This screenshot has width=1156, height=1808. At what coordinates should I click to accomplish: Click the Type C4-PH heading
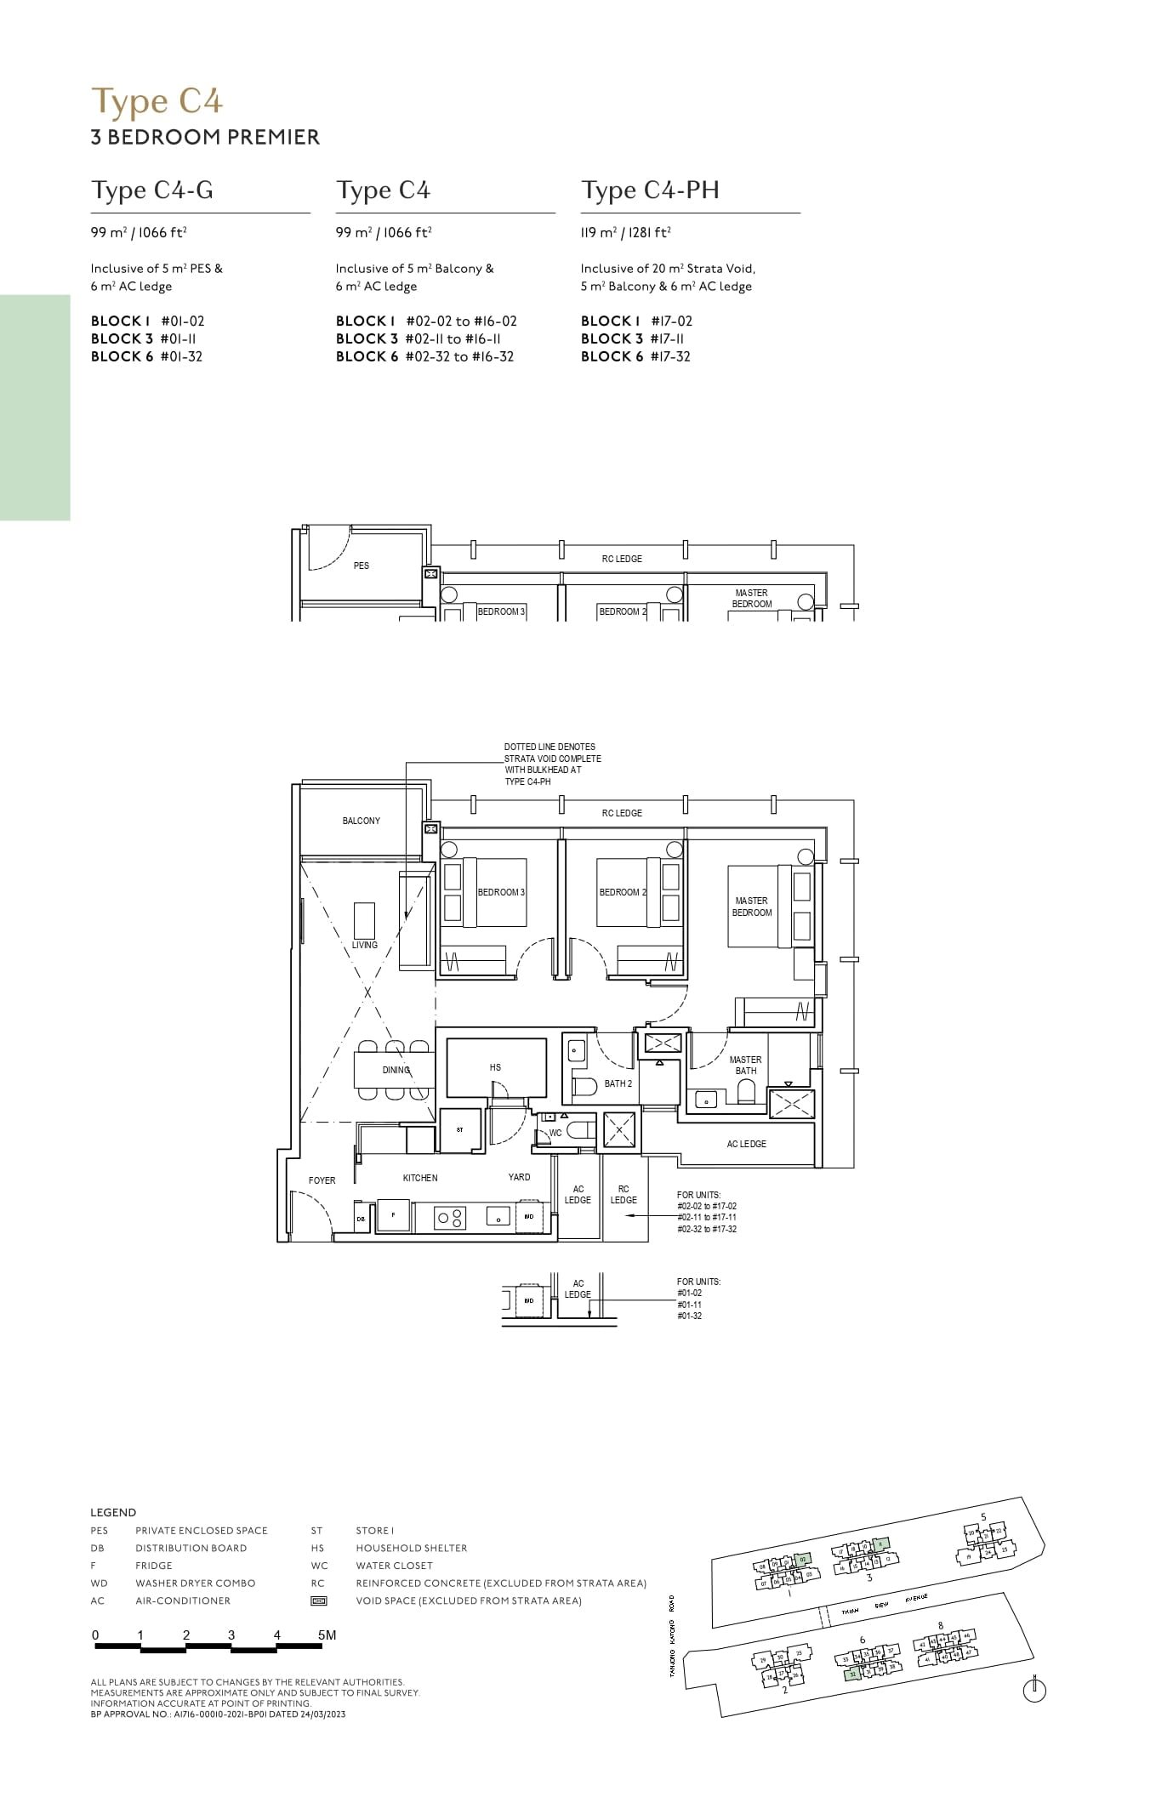[650, 190]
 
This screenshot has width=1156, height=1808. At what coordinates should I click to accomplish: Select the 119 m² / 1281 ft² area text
[625, 232]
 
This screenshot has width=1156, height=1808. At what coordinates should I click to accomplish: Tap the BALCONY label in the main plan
[362, 821]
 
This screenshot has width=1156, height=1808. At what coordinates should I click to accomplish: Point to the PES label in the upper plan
[362, 566]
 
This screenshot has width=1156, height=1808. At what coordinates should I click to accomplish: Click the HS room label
[495, 1067]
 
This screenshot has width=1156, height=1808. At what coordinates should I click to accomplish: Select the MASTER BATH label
[746, 1066]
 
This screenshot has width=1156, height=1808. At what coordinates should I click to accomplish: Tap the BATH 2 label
[618, 1084]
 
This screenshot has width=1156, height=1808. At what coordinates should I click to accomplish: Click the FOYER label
[322, 1180]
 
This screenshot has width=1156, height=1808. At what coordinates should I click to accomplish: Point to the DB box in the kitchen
[362, 1218]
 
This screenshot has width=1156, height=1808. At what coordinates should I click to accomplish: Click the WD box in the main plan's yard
[529, 1217]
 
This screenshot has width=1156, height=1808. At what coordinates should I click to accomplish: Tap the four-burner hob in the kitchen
[451, 1218]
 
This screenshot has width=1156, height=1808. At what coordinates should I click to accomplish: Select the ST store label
[460, 1129]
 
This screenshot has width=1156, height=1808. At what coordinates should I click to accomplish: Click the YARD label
[519, 1177]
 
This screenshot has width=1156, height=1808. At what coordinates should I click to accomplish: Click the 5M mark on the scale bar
[327, 1635]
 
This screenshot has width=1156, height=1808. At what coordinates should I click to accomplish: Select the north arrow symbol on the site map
[1034, 1691]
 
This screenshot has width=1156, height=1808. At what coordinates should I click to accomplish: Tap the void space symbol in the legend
[318, 1600]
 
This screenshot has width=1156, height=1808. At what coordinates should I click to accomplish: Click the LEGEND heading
[113, 1512]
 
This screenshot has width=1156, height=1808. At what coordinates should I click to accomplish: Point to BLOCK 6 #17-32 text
[635, 356]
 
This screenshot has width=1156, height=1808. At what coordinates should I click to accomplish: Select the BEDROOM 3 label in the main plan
[501, 892]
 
